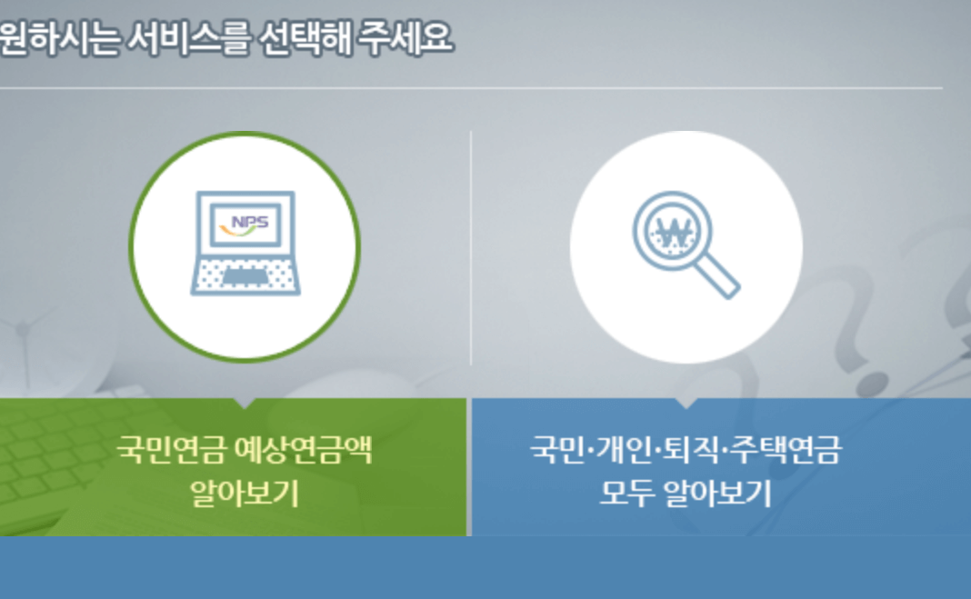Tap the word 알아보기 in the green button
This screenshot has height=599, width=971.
coord(244,494)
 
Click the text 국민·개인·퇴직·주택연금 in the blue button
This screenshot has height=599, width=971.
coord(686,449)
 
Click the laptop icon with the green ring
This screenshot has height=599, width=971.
coord(245,246)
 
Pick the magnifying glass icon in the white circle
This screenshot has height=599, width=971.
coord(686,246)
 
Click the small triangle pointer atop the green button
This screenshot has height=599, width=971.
coord(245,403)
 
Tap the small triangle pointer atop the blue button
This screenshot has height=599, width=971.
coord(686,403)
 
